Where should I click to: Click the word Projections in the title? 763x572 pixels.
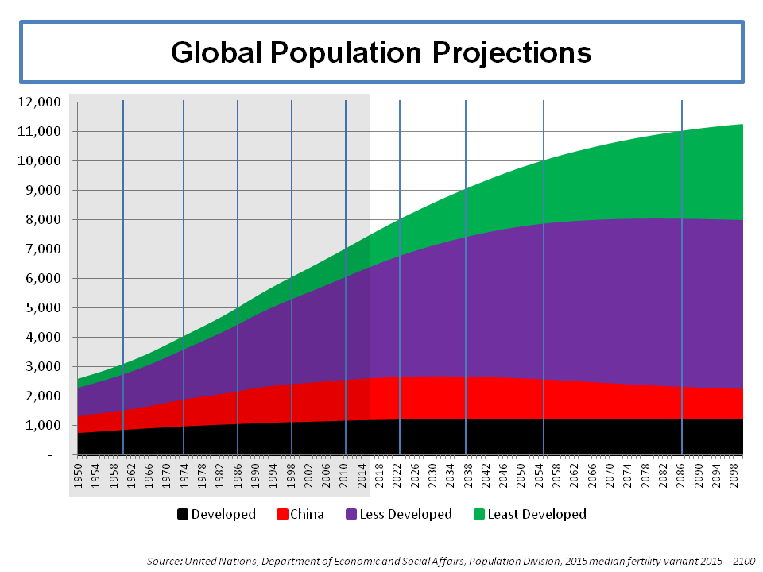coord(509,52)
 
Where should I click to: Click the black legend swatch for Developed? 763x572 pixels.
coord(183,514)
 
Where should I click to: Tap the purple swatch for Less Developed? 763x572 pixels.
coord(351,514)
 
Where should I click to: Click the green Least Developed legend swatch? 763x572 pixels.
coord(478,514)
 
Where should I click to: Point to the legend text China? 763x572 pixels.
coord(307,514)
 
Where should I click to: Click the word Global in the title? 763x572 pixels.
coord(215,52)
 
